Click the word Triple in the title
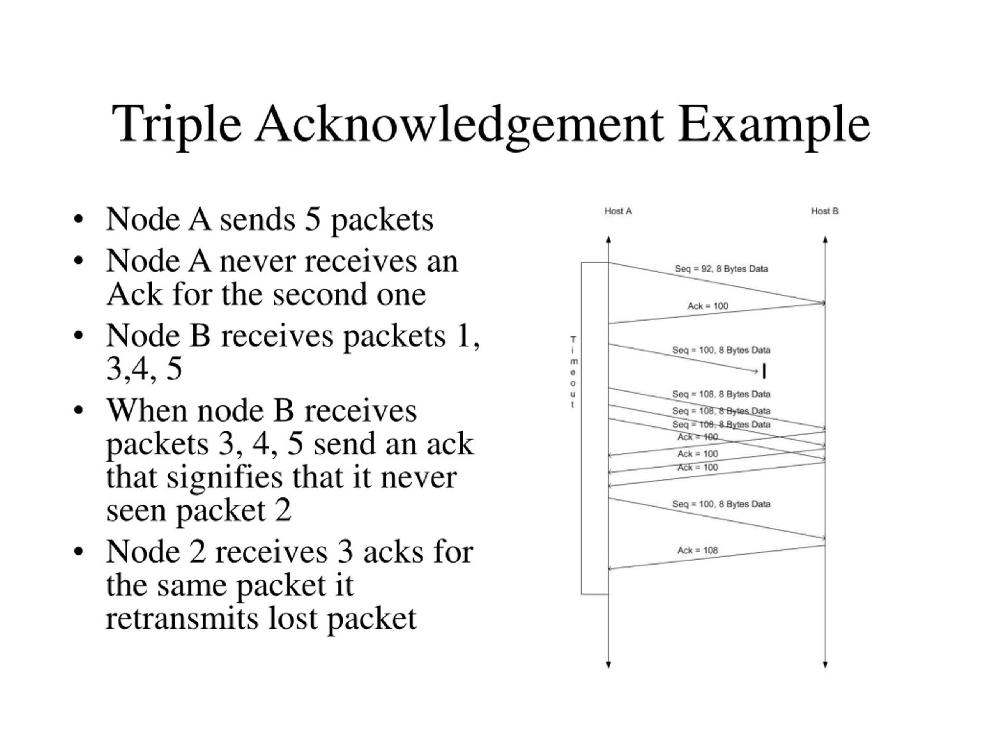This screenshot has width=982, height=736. [x=177, y=125]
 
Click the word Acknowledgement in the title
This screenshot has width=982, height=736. [x=459, y=125]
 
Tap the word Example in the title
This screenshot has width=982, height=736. [x=774, y=125]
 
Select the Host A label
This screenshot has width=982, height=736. [x=618, y=211]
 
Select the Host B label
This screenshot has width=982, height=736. [x=825, y=211]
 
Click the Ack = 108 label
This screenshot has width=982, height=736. [x=697, y=550]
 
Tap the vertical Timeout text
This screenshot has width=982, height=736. [x=573, y=372]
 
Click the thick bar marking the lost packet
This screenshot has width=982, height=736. [x=764, y=372]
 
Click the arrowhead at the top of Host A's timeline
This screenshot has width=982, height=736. [x=609, y=240]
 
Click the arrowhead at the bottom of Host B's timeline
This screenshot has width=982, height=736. [x=825, y=665]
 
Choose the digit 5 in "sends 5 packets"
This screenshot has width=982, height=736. [x=313, y=220]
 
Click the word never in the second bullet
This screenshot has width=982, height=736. [x=257, y=261]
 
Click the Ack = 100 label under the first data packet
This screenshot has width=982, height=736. [x=708, y=306]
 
